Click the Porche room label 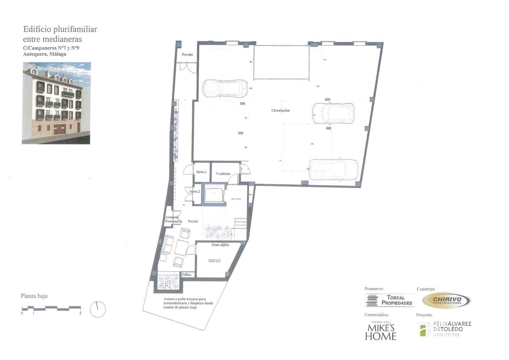(187, 55)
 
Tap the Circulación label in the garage (280, 110)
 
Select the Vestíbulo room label (223, 174)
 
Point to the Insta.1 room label (201, 172)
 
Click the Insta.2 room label (195, 192)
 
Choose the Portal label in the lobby (193, 221)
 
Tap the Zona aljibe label (220, 245)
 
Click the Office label (186, 275)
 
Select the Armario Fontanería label (173, 219)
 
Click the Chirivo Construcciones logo (447, 300)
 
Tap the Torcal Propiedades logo (390, 300)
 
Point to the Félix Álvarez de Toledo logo (444, 329)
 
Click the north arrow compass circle (98, 309)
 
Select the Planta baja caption (34, 296)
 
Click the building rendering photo (56, 103)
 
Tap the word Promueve (374, 289)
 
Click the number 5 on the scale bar (80, 313)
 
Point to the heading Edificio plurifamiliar (60, 29)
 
